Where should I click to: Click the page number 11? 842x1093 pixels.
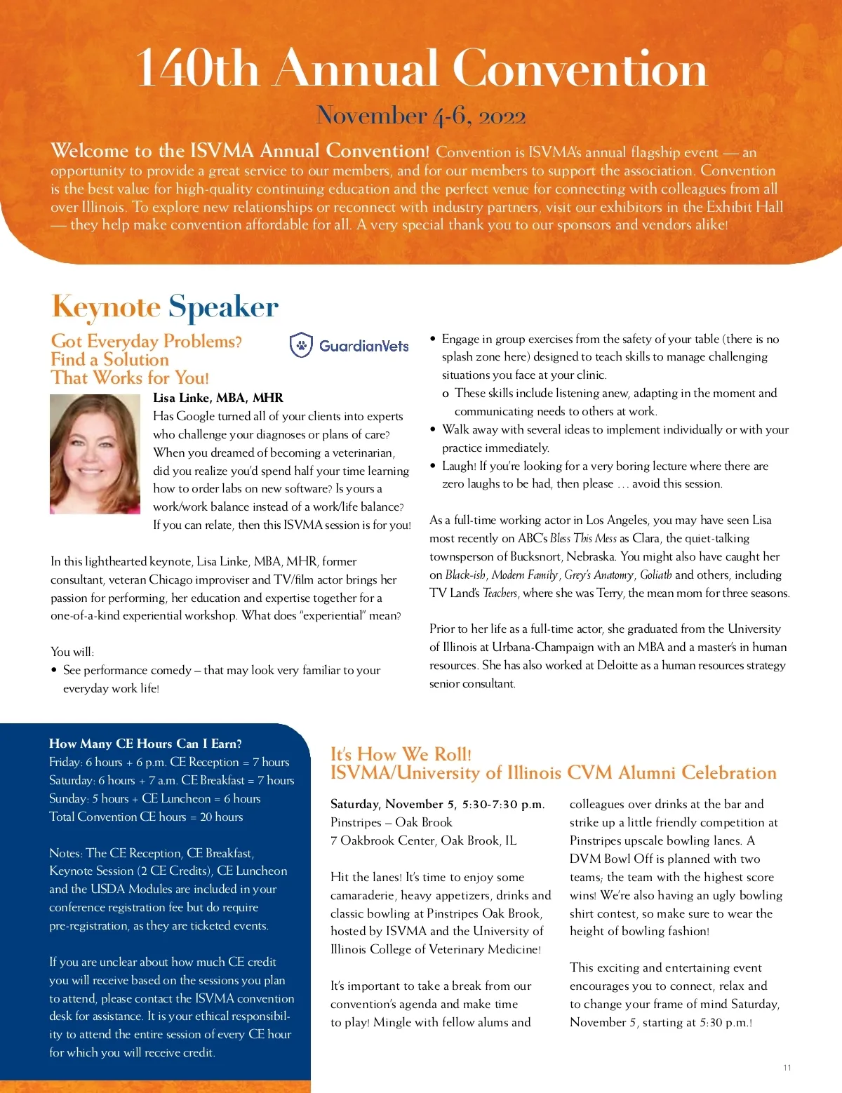(x=787, y=1068)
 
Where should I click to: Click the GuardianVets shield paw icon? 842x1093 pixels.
(x=301, y=345)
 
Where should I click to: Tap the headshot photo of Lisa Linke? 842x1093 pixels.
(x=95, y=454)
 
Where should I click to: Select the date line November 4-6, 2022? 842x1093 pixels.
(x=421, y=116)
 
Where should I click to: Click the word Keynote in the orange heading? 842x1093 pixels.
(x=106, y=307)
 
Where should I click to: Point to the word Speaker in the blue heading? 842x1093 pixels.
(x=223, y=307)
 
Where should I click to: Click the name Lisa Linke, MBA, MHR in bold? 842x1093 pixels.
(x=218, y=398)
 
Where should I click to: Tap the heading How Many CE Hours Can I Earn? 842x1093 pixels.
(x=145, y=744)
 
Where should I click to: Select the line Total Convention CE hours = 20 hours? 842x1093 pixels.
(x=146, y=817)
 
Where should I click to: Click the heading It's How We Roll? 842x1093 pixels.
(x=401, y=754)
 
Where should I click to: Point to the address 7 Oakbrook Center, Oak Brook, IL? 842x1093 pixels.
(x=423, y=840)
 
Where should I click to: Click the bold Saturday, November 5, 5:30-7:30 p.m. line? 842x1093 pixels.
(x=437, y=804)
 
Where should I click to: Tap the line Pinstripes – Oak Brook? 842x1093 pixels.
(x=391, y=822)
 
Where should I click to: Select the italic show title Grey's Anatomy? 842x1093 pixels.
(x=599, y=575)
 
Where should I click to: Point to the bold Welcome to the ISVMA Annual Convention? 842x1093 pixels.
(x=239, y=152)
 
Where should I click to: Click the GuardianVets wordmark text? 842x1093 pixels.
(x=363, y=346)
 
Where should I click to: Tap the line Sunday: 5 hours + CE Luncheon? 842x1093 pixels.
(x=154, y=798)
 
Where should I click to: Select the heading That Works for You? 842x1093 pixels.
(x=130, y=378)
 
